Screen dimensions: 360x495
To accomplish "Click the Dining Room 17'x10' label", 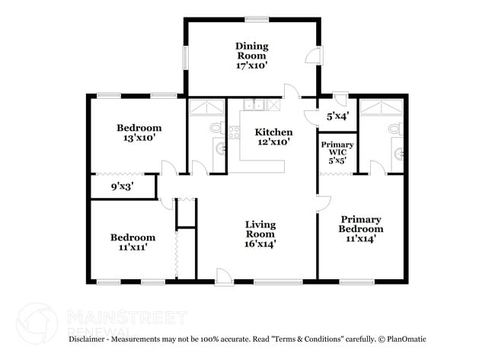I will [x=251, y=56].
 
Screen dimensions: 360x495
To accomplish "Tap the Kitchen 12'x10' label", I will [x=273, y=137].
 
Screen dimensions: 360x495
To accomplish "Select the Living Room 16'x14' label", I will [x=260, y=234].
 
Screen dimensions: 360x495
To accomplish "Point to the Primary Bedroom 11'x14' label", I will [x=361, y=228].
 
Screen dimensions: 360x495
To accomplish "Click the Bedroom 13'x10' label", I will [x=139, y=133].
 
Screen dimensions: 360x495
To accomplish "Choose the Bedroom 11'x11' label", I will [x=133, y=242].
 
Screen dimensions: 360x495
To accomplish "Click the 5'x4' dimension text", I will [x=337, y=117].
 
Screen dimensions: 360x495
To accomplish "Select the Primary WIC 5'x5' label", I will [x=335, y=152].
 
